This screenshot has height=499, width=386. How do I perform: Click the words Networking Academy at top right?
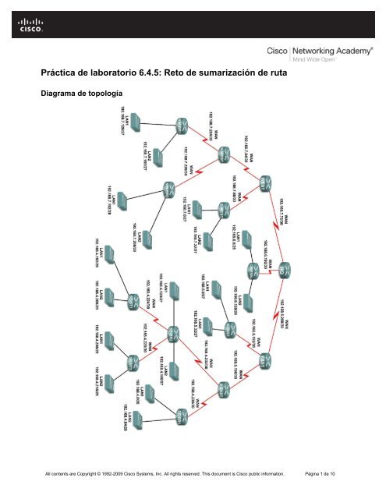(323, 48)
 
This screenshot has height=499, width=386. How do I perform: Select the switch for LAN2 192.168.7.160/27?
(159, 155)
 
